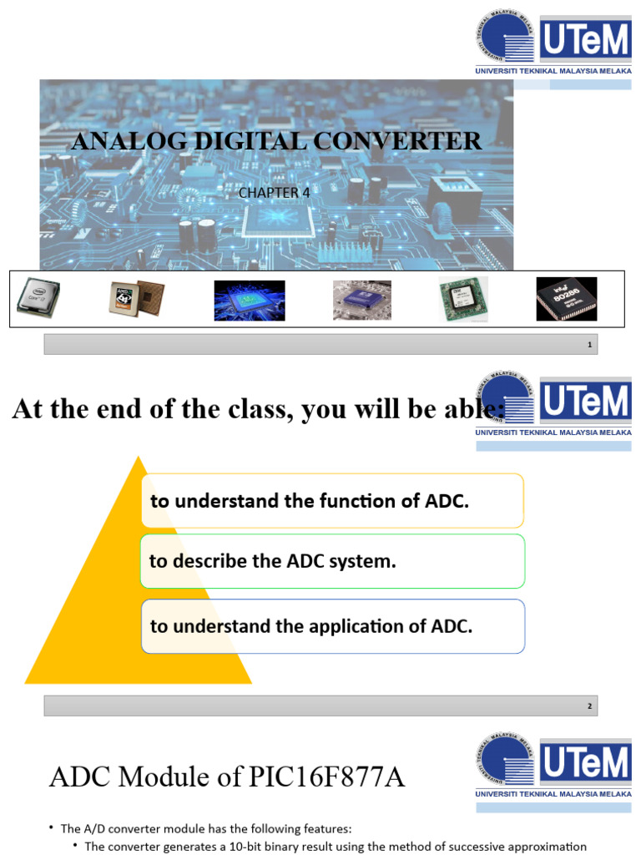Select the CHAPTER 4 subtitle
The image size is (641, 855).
point(274,193)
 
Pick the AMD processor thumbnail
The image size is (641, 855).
point(137,298)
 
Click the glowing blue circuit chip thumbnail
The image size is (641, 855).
point(250,300)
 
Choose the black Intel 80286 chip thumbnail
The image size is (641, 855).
point(566,299)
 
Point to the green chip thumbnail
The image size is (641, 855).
point(464,300)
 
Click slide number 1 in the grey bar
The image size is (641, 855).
point(589,345)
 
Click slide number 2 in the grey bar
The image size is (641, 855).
point(589,706)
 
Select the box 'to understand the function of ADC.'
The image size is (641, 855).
point(332,501)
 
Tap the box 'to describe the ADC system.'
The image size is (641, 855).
point(332,561)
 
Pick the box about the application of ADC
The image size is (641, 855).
point(332,625)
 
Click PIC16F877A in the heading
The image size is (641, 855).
point(325,777)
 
